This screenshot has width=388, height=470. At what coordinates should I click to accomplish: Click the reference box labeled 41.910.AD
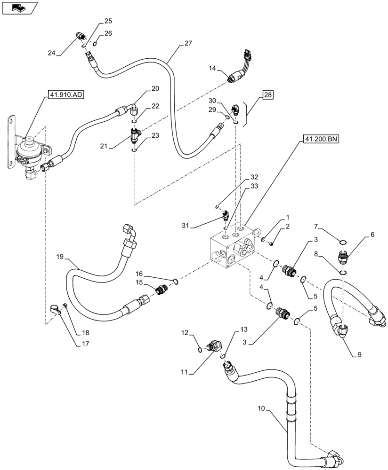coord(65,95)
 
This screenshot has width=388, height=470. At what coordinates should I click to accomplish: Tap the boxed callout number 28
coord(267,96)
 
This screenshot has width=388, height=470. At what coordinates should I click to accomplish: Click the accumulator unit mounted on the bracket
coord(29,150)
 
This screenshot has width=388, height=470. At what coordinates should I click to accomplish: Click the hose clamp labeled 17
coord(56,309)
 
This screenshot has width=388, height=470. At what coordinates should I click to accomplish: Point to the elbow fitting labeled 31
coord(225,216)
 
